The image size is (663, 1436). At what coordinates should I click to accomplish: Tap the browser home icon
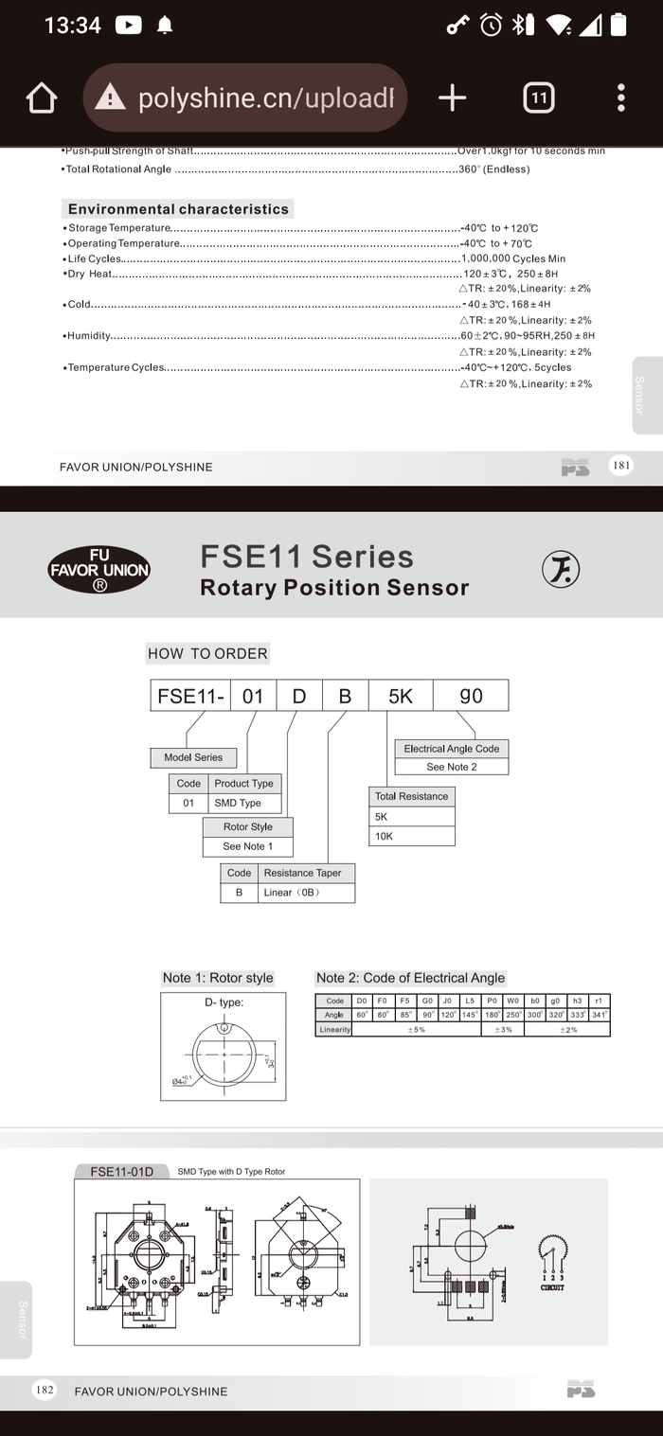click(42, 98)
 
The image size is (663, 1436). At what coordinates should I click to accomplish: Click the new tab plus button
click(452, 98)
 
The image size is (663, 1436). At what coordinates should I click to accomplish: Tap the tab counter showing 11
click(538, 98)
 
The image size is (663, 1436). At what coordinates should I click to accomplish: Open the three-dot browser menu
click(620, 98)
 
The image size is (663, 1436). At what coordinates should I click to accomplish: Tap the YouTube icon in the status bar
click(128, 26)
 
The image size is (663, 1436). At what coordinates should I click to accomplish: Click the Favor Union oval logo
click(99, 570)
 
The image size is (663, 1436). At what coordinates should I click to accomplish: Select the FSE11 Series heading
click(307, 557)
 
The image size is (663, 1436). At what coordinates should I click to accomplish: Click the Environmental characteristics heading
click(178, 209)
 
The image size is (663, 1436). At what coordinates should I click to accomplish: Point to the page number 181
click(621, 465)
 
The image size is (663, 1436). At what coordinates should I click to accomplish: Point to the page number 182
click(44, 1390)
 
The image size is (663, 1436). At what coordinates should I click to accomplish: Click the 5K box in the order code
click(401, 696)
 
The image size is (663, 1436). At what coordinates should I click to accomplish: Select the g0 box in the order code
click(471, 696)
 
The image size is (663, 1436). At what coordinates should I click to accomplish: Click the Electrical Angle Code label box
click(451, 749)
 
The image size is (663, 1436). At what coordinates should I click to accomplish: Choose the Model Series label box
click(193, 757)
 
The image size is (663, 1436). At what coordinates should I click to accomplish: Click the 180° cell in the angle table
click(492, 1015)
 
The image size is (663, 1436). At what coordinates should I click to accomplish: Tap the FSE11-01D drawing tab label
click(121, 1171)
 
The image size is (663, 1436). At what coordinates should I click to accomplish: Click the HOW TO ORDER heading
click(207, 653)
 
